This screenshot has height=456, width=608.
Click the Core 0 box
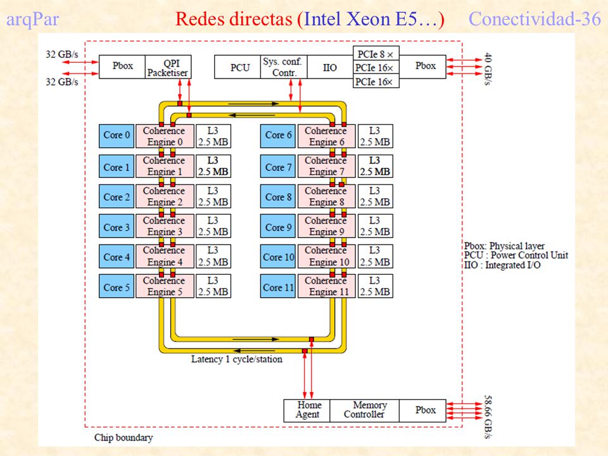pyautogui.click(x=117, y=136)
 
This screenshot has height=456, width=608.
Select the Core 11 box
pyautogui.click(x=278, y=286)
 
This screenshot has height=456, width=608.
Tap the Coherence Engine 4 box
pyautogui.click(x=165, y=256)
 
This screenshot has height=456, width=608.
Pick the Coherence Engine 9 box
pyautogui.click(x=327, y=225)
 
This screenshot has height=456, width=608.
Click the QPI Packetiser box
pyautogui.click(x=168, y=67)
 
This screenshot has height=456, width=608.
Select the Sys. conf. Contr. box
pyautogui.click(x=284, y=67)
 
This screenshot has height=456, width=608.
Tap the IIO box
pyautogui.click(x=330, y=67)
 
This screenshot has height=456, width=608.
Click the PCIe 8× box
pyautogui.click(x=376, y=53)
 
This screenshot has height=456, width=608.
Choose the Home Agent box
pyautogui.click(x=307, y=410)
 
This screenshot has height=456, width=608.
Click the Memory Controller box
pyautogui.click(x=364, y=410)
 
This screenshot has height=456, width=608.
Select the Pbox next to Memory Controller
pyautogui.click(x=422, y=410)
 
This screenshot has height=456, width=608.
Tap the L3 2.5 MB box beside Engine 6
pyautogui.click(x=375, y=136)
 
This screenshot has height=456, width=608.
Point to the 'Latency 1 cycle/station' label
pyautogui.click(x=236, y=360)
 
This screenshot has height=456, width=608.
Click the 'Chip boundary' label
pyautogui.click(x=123, y=438)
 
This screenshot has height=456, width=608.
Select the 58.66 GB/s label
pyautogui.click(x=488, y=417)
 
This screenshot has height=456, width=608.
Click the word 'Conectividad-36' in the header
pyautogui.click(x=535, y=18)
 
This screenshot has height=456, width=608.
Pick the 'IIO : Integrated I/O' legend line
pyautogui.click(x=502, y=265)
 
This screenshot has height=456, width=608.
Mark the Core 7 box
pyautogui.click(x=278, y=167)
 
